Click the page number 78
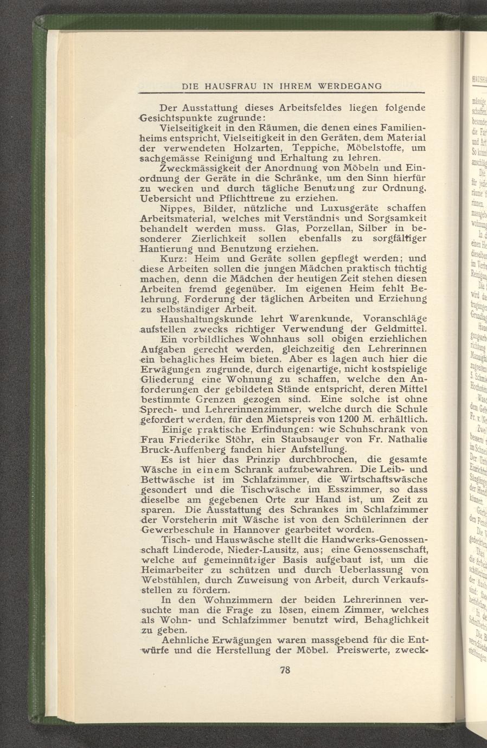coord(285,669)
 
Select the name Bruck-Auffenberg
coord(183,449)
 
